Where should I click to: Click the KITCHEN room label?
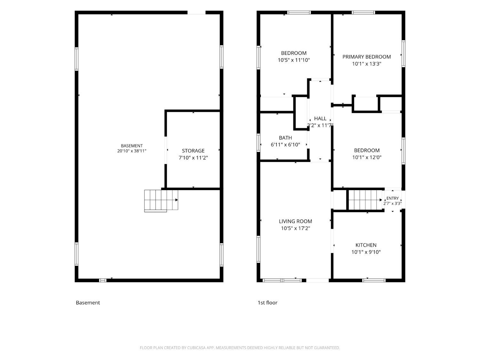[366, 245]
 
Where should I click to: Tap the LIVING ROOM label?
[295, 221]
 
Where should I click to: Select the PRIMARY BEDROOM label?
[366, 57]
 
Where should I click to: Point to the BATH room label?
[285, 138]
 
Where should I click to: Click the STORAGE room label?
[193, 150]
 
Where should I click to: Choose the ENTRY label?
[392, 198]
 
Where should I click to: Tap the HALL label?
[320, 118]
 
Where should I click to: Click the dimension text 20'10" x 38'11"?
[132, 151]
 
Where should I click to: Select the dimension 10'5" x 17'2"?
[295, 228]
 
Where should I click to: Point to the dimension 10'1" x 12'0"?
[366, 157]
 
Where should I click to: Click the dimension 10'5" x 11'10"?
[294, 60]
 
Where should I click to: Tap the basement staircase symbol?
[161, 200]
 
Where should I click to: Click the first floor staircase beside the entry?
[365, 200]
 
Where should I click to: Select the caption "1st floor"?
[267, 302]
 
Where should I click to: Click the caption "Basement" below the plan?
[88, 302]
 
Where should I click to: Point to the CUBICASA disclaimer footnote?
[240, 348]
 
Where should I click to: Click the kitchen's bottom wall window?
[374, 280]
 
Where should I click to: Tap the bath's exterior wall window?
[258, 142]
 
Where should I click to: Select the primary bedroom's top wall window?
[363, 12]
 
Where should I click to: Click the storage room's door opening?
[165, 150]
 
